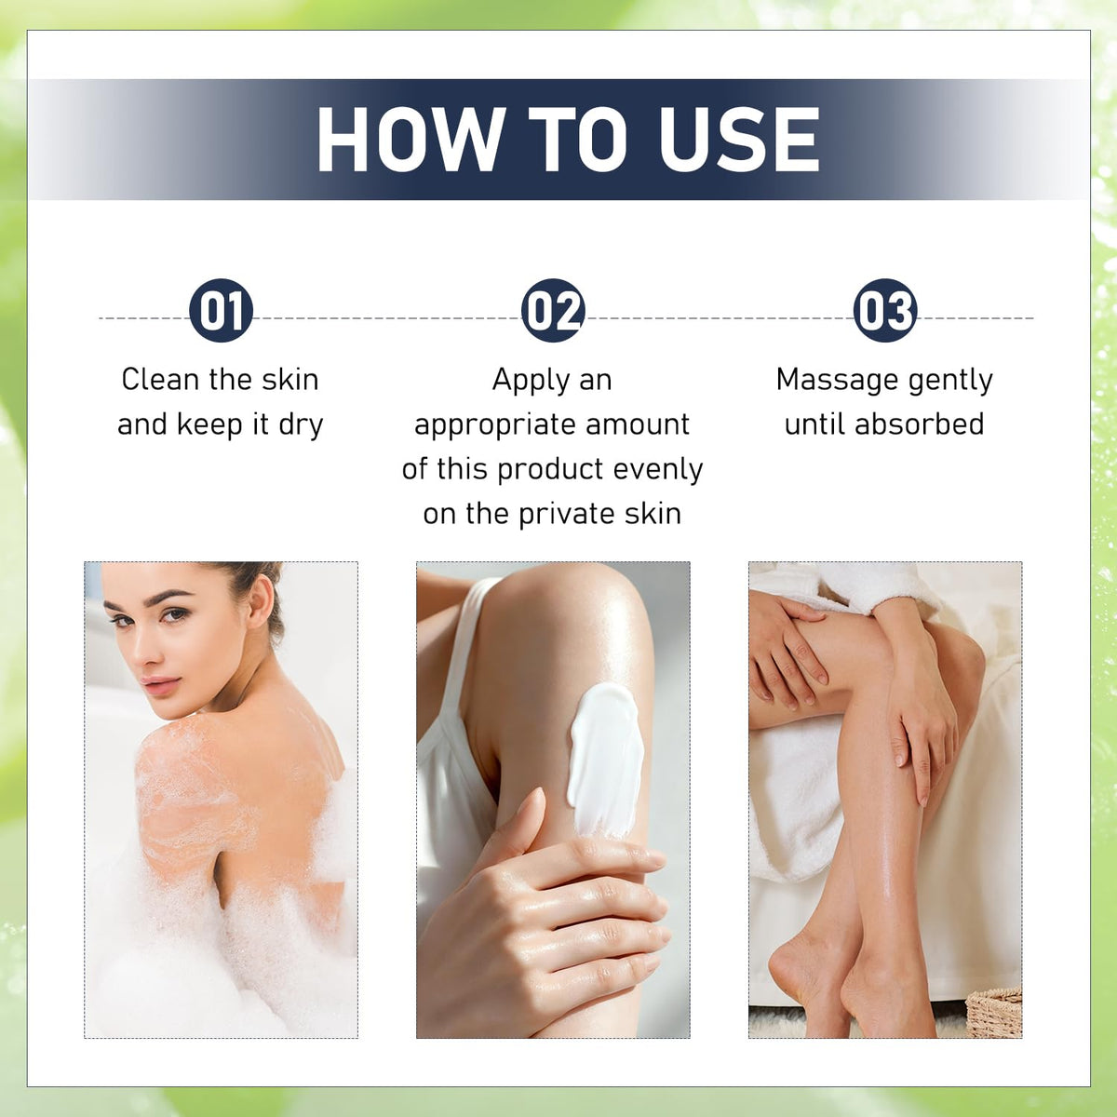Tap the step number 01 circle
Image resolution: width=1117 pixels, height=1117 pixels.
pyautogui.click(x=221, y=311)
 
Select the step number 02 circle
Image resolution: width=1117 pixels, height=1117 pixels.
pyautogui.click(x=553, y=311)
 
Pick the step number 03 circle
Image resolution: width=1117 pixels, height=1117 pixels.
pyautogui.click(x=885, y=311)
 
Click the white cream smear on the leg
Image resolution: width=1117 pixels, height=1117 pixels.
pyautogui.click(x=606, y=760)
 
